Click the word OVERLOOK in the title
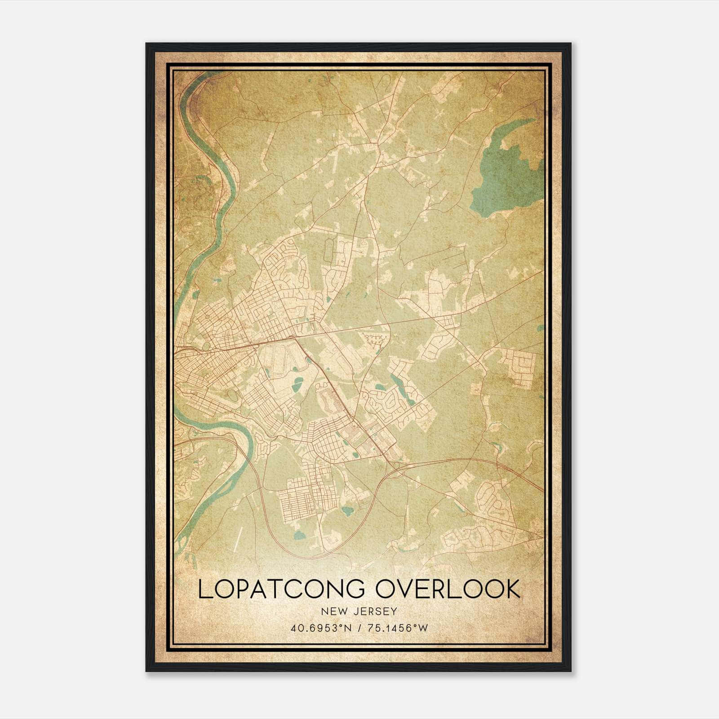(x=448, y=590)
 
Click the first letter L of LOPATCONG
(x=204, y=590)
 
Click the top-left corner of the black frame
(x=147, y=44)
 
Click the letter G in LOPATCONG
(x=357, y=590)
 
